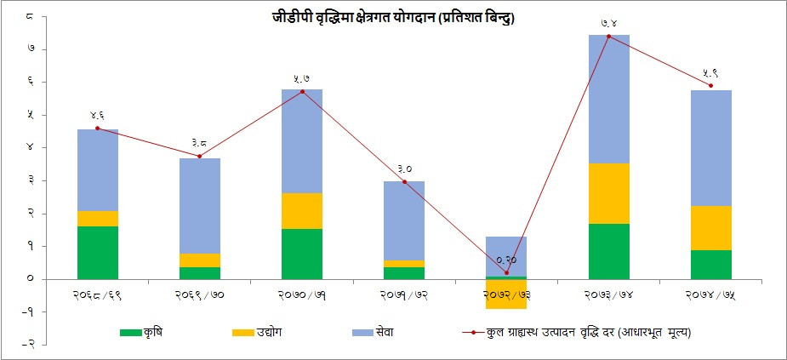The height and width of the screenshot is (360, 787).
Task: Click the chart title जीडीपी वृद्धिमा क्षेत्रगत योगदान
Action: coord(393,17)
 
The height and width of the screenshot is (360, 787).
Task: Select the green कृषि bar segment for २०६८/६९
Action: coord(98,252)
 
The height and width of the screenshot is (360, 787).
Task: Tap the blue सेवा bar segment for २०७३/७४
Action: coord(608,99)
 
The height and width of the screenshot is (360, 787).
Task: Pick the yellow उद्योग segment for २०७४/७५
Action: coord(710,228)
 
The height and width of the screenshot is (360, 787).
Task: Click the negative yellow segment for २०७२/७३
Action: coord(506,294)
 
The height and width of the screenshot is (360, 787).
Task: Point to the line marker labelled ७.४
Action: coord(608,36)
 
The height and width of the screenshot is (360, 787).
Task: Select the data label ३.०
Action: coord(404,169)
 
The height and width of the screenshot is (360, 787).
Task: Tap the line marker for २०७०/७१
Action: coord(302,91)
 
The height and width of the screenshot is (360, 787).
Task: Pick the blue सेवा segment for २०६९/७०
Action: coord(200,205)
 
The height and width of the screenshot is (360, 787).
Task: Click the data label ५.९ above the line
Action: coord(711,72)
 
